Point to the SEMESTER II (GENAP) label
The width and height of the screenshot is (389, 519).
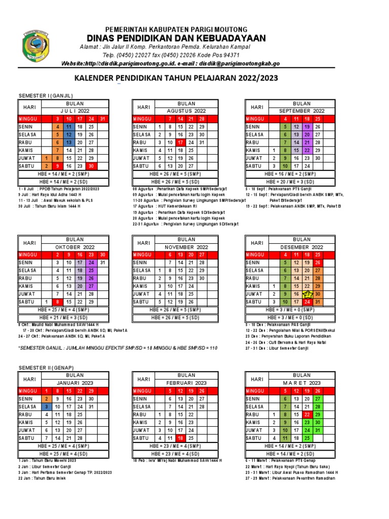pyautogui.click(x=46, y=367)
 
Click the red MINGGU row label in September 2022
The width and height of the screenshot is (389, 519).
pyautogui.click(x=256, y=119)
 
